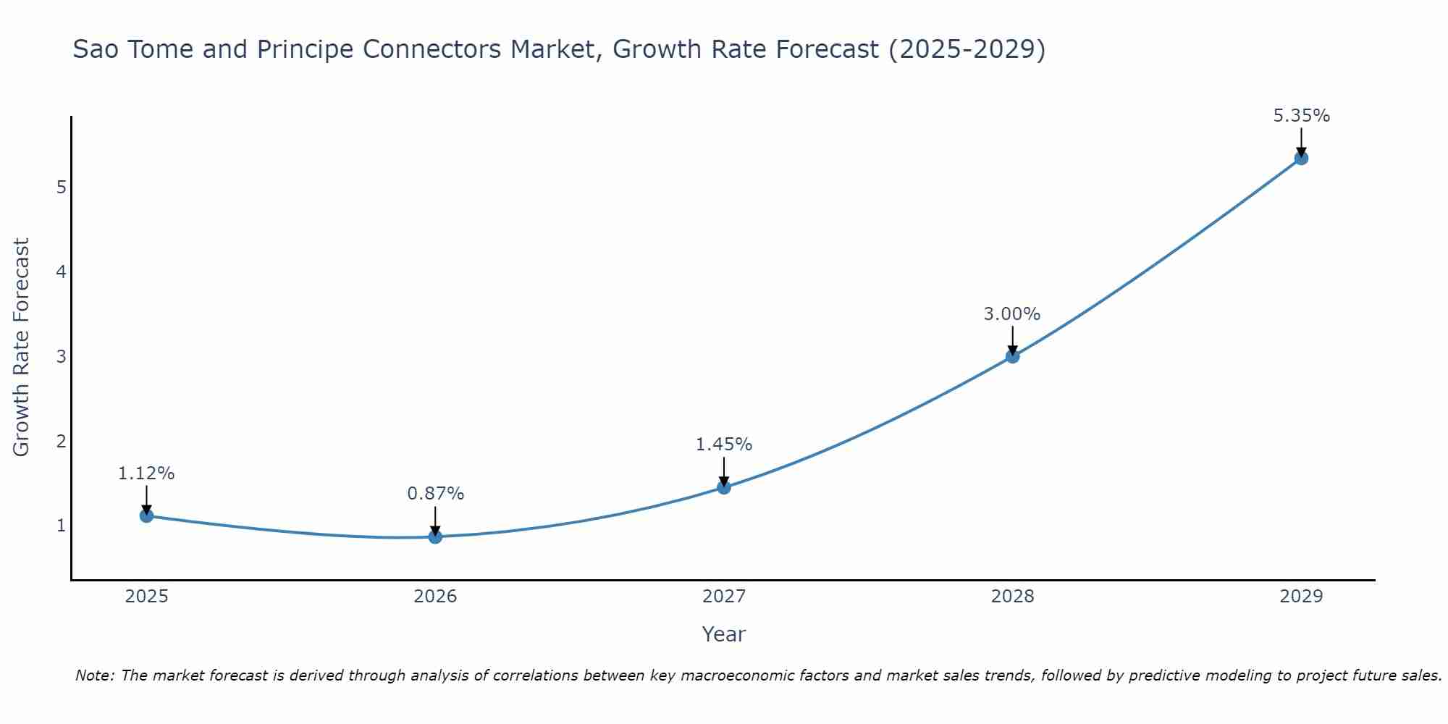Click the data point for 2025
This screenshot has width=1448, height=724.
click(146, 515)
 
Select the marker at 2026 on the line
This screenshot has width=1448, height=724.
click(435, 536)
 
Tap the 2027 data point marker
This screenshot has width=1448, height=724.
click(724, 487)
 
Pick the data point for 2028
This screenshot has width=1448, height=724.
click(1012, 356)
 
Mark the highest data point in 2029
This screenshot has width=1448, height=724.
click(1301, 158)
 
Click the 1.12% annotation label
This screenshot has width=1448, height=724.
click(146, 473)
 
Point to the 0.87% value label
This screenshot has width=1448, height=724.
click(435, 494)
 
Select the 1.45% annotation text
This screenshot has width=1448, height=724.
click(724, 445)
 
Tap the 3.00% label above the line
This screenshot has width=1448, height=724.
click(1012, 314)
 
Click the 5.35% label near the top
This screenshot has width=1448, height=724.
click(1301, 116)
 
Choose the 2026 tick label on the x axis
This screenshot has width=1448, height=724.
click(435, 597)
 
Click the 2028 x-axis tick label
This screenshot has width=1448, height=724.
click(1012, 597)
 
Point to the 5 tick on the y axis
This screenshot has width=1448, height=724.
click(62, 188)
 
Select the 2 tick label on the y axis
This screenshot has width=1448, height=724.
click(62, 441)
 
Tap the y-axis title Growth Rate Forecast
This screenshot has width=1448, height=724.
click(22, 348)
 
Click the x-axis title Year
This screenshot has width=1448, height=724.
click(724, 634)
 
